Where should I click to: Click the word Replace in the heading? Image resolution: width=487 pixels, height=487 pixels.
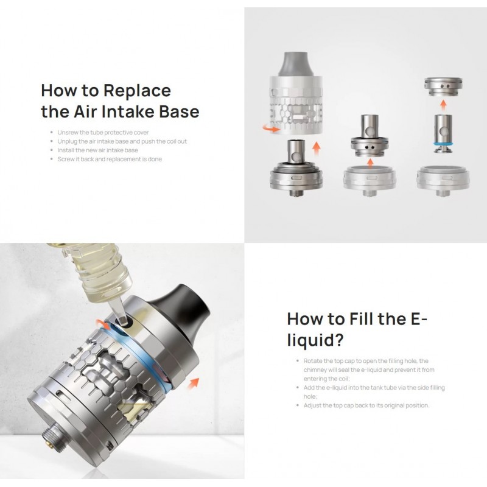coord(137,91)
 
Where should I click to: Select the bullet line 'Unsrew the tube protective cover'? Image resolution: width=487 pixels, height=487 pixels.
coord(103,132)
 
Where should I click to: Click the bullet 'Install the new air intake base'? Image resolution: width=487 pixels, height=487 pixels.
coord(97,150)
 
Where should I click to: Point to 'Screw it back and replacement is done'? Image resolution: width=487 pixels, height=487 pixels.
coord(110,159)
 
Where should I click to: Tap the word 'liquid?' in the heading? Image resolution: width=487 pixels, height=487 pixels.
coord(315,340)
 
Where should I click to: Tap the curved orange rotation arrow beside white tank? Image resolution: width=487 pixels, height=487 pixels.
coord(271,128)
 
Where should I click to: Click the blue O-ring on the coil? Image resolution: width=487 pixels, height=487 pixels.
coord(443,144)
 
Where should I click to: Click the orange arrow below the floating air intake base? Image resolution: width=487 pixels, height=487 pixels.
coord(443,105)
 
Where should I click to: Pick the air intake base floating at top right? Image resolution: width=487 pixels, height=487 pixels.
coord(443,86)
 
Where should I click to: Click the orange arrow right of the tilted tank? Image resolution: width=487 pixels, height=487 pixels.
coord(194,383)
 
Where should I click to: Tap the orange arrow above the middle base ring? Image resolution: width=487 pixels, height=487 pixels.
coord(370,163)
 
